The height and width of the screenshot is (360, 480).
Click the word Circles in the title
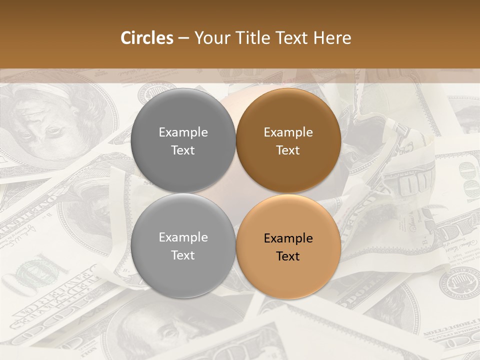(146, 38)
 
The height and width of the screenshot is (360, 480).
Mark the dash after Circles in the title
(183, 38)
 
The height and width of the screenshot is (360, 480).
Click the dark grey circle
(183, 140)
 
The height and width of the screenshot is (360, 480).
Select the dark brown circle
(288, 140)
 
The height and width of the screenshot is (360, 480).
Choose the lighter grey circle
(183, 246)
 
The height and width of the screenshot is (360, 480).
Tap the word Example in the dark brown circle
(288, 132)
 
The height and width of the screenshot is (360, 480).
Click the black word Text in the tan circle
(288, 256)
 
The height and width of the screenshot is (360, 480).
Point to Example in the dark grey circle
(183, 132)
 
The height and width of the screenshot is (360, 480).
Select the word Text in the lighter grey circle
(183, 255)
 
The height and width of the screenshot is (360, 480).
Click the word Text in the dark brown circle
(288, 150)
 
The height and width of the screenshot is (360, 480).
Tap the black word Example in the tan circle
(288, 238)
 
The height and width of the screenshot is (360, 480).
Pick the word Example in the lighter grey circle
(183, 237)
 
